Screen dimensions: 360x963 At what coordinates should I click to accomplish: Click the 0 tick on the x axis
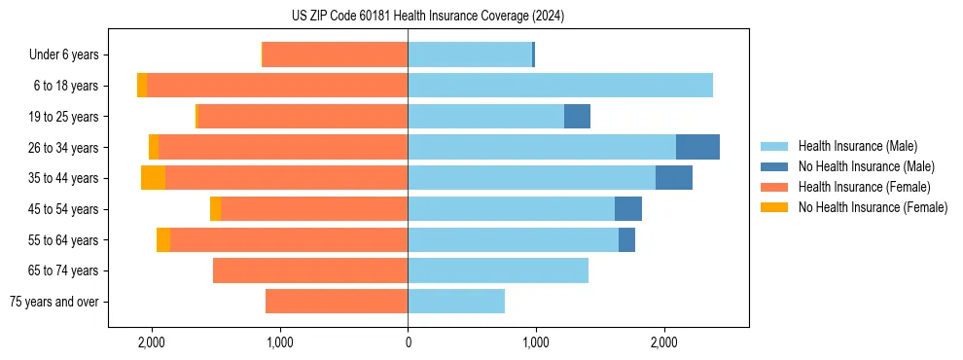408,342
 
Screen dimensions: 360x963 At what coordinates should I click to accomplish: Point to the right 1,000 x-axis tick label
535,342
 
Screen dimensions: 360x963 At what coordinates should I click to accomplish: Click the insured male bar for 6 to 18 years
560,86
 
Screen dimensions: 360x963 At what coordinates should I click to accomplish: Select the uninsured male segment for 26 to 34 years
697,147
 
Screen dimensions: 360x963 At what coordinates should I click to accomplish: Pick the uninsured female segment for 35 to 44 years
153,178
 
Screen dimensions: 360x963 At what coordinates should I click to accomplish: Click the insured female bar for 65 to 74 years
310,270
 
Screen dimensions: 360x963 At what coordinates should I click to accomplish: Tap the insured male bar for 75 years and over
456,302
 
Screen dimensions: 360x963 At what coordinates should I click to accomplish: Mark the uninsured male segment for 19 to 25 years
577,117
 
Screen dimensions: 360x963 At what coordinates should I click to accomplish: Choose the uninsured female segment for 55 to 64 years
163,240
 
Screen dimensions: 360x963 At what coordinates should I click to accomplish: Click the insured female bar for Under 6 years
335,55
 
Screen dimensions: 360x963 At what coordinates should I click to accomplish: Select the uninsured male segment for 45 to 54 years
628,209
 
